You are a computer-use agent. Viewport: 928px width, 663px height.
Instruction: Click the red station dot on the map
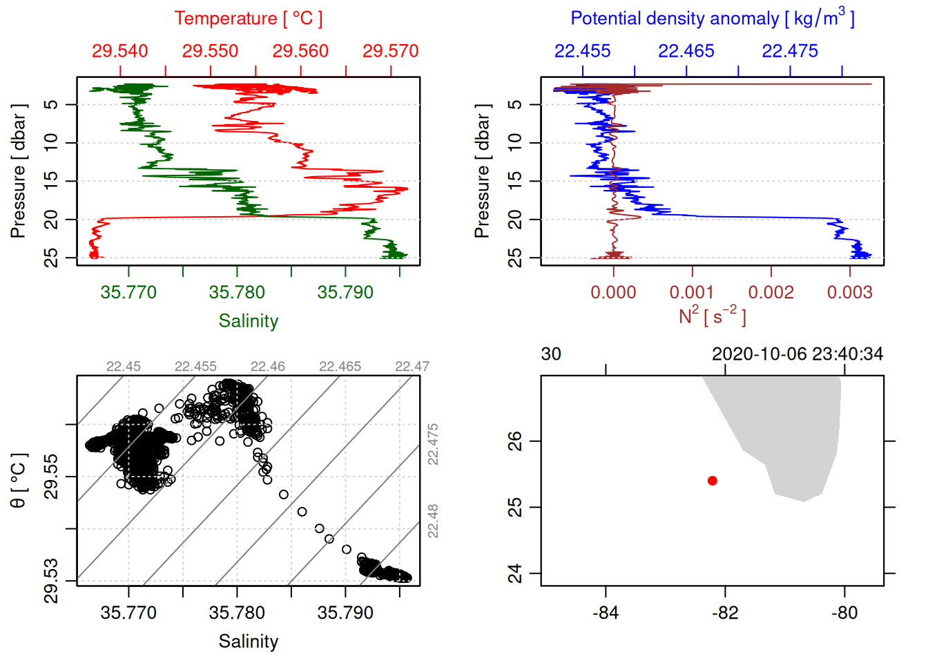[x=713, y=481]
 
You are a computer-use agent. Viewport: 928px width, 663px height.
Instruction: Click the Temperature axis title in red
[x=248, y=19]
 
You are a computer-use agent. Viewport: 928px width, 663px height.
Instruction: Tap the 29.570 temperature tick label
[x=390, y=51]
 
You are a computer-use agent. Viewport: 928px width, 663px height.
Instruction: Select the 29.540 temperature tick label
[x=120, y=51]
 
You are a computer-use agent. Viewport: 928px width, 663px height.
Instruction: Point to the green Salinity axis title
[x=248, y=321]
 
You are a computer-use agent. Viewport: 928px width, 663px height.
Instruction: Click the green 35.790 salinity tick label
[x=345, y=293]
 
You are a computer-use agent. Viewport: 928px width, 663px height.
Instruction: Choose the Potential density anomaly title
[x=712, y=19]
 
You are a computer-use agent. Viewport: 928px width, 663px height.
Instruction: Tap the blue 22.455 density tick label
[x=583, y=51]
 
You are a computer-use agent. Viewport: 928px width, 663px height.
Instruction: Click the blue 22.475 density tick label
[x=790, y=51]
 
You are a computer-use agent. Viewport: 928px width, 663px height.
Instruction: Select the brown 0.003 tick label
[x=849, y=293]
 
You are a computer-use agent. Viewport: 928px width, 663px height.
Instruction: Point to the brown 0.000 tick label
[x=613, y=293]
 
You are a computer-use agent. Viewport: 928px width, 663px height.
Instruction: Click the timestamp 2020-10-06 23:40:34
[x=797, y=354]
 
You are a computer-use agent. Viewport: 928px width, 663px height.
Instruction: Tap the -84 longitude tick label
[x=606, y=613]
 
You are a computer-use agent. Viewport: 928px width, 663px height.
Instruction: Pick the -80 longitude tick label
[x=844, y=613]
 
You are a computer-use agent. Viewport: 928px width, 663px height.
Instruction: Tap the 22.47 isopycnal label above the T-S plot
[x=412, y=367]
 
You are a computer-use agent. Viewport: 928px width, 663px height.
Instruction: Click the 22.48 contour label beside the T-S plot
[x=433, y=521]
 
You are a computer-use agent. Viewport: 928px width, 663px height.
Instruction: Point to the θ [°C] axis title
[x=19, y=481]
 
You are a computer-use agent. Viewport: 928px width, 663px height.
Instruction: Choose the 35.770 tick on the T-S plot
[x=128, y=613]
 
